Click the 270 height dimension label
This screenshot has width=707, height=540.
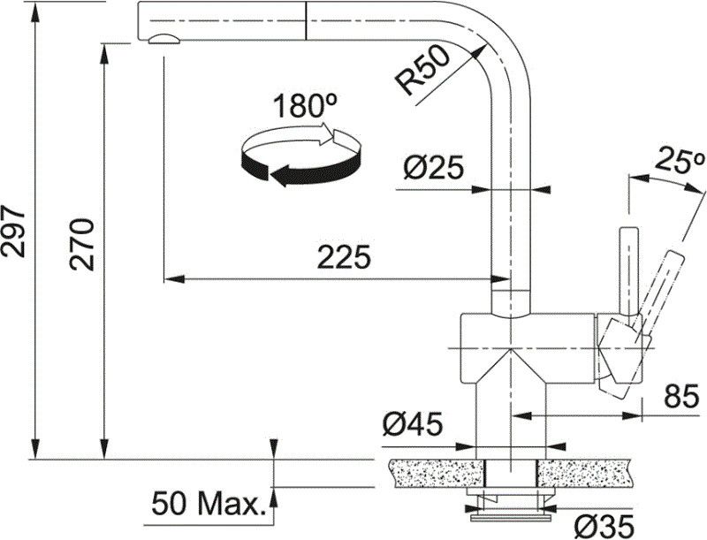point(81,243)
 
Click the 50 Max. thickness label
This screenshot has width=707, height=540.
point(209,505)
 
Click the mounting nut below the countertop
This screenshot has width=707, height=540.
point(508,505)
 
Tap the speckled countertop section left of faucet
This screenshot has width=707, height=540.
point(433,473)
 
